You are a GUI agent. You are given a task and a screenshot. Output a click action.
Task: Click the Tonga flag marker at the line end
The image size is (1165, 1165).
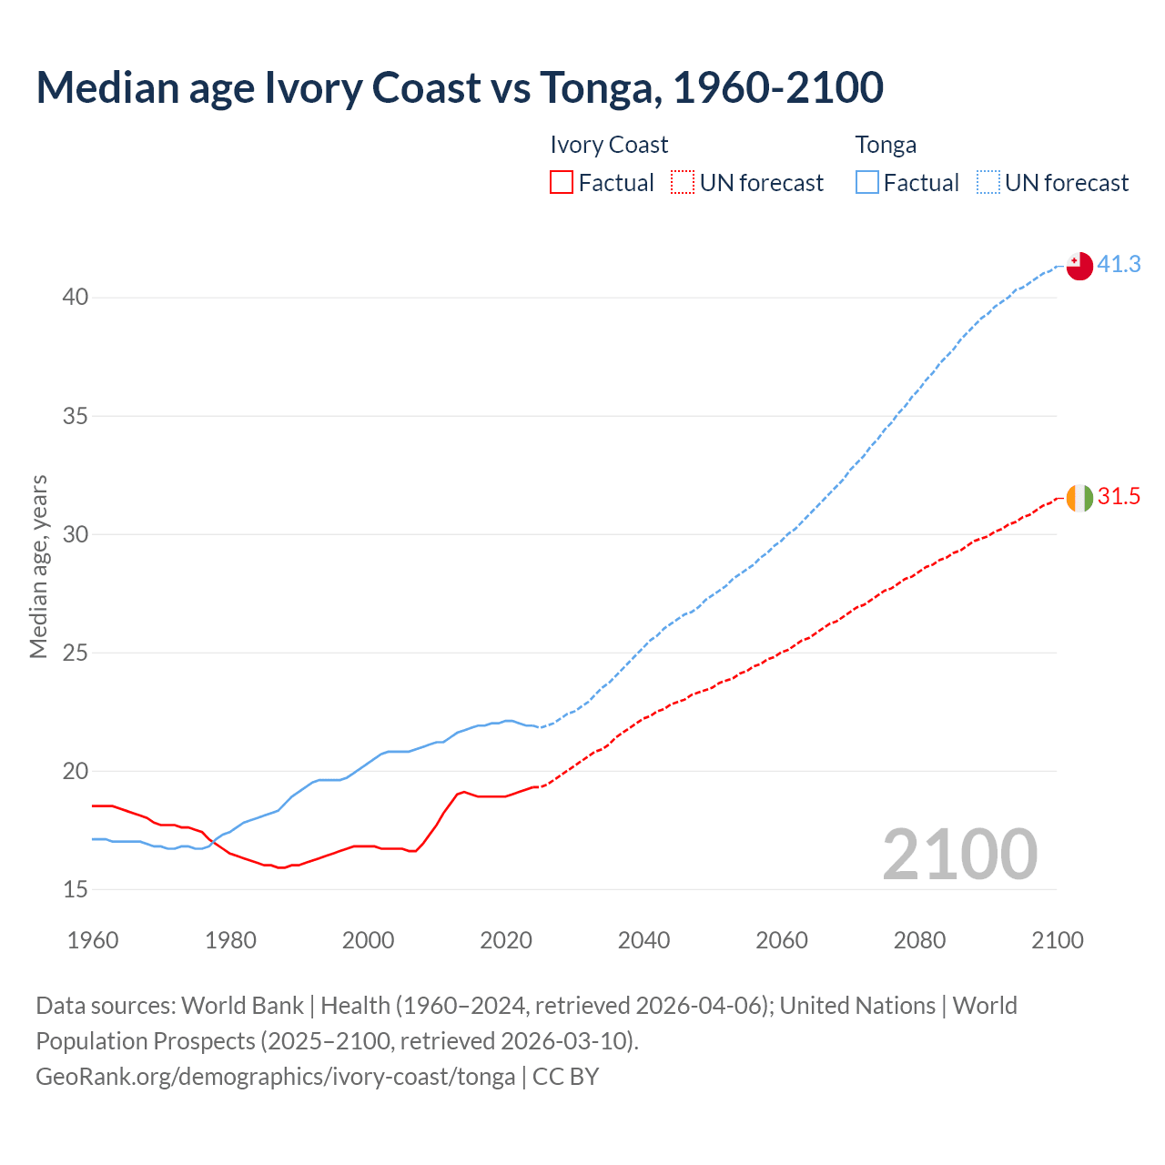tap(1079, 266)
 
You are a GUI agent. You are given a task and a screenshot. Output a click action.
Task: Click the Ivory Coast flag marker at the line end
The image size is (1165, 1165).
tap(1079, 498)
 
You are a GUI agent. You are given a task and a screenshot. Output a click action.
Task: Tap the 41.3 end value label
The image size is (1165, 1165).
tap(1119, 265)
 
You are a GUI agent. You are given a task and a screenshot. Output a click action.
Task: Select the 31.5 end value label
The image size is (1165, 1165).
tap(1119, 497)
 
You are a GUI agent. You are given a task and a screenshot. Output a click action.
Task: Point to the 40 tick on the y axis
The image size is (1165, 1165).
tap(76, 298)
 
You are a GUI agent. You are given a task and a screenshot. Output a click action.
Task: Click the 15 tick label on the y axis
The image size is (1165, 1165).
tap(76, 889)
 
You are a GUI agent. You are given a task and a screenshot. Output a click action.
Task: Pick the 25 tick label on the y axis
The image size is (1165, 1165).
tap(76, 653)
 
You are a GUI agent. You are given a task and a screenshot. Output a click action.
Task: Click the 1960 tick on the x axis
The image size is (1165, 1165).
tap(93, 940)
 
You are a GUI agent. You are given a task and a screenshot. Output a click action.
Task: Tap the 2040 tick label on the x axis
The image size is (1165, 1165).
tap(643, 940)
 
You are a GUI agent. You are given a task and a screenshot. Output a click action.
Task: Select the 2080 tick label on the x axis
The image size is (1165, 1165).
tap(919, 940)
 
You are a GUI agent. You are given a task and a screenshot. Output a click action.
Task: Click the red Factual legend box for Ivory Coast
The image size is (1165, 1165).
tap(562, 183)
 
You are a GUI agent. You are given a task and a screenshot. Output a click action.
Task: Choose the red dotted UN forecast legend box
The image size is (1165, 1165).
tap(683, 183)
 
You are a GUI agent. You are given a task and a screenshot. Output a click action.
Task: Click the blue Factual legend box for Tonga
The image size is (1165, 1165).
tap(866, 183)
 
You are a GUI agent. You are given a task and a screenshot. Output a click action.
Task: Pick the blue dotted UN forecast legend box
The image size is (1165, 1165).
tap(988, 183)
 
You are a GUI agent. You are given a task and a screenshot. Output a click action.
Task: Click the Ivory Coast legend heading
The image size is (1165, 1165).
tap(609, 145)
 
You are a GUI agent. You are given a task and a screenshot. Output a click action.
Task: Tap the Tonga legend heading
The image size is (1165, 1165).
tap(886, 145)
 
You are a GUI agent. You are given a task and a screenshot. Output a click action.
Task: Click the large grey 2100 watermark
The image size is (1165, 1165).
tap(959, 855)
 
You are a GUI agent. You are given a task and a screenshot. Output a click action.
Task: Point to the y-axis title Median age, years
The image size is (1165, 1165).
tap(38, 566)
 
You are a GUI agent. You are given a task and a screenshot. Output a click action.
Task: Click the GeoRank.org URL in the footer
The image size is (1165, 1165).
tap(275, 1077)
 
